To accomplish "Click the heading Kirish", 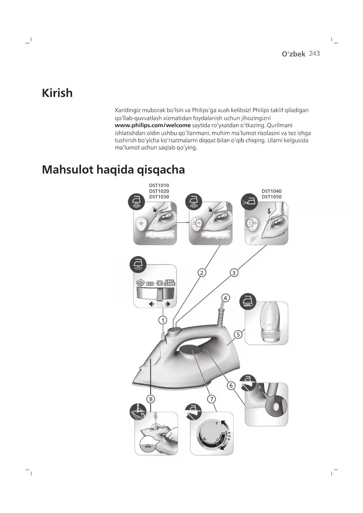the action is click(57, 93).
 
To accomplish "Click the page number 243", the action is click(314, 54).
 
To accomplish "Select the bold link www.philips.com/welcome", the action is click(152, 125).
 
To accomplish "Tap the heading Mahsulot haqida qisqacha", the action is click(113, 170).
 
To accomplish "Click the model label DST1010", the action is click(159, 185).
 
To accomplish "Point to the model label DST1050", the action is click(271, 197).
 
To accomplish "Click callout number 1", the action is click(163, 320).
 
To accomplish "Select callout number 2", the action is click(202, 273).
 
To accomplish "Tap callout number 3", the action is click(234, 273).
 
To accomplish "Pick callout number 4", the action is click(225, 298).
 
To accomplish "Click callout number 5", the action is click(238, 335).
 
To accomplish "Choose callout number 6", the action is click(231, 385).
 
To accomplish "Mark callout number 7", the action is click(211, 399).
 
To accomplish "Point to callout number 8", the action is click(151, 399).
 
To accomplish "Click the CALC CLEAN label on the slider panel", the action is click(169, 283).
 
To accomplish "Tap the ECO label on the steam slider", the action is click(150, 284).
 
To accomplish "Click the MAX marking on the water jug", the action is click(148, 447).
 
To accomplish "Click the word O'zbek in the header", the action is click(293, 54).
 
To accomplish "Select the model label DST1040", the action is click(271, 191).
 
